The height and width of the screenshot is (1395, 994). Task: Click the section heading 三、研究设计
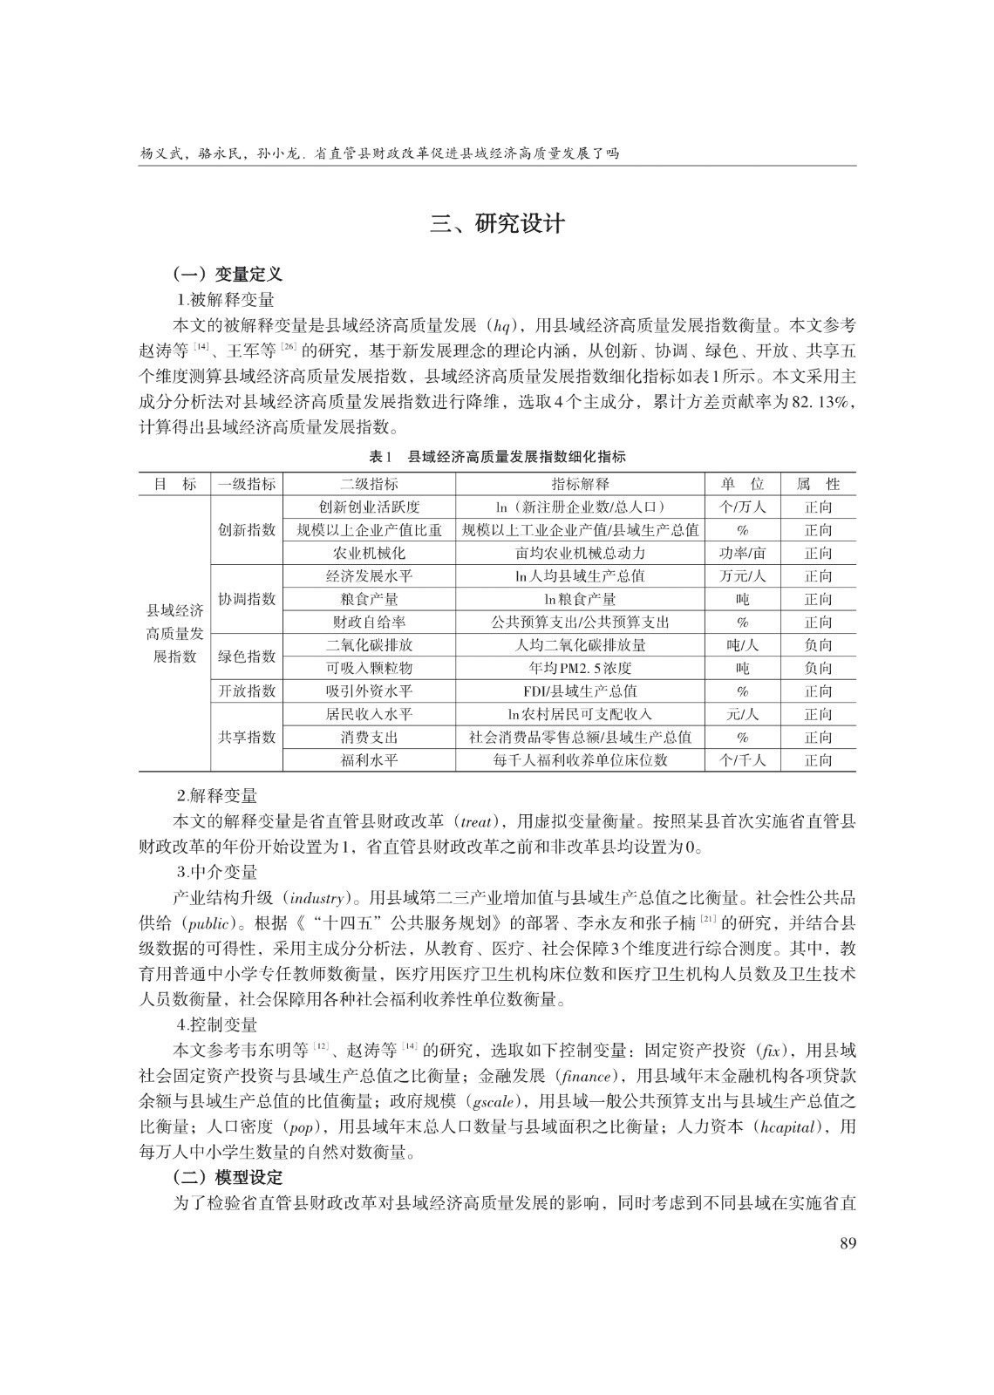click(497, 224)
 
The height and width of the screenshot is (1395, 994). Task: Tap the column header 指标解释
click(581, 484)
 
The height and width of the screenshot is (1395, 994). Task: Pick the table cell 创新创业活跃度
click(370, 507)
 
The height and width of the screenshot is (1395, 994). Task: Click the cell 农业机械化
click(370, 553)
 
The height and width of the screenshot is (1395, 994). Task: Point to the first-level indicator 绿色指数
click(247, 657)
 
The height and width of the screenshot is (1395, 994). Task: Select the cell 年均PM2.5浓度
click(581, 668)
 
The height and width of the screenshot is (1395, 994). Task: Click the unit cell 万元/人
click(742, 576)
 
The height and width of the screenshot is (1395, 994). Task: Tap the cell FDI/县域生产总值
click(581, 691)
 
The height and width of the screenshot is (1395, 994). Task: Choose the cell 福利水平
click(370, 760)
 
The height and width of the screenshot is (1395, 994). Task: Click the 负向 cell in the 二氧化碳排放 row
click(818, 645)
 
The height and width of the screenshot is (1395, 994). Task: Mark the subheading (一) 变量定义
click(228, 274)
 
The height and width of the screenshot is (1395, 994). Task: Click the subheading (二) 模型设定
click(228, 1177)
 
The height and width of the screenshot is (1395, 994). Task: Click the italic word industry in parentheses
click(317, 897)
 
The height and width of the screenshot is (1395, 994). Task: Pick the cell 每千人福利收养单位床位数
click(581, 760)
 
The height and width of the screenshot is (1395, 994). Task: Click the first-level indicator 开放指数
click(247, 691)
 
